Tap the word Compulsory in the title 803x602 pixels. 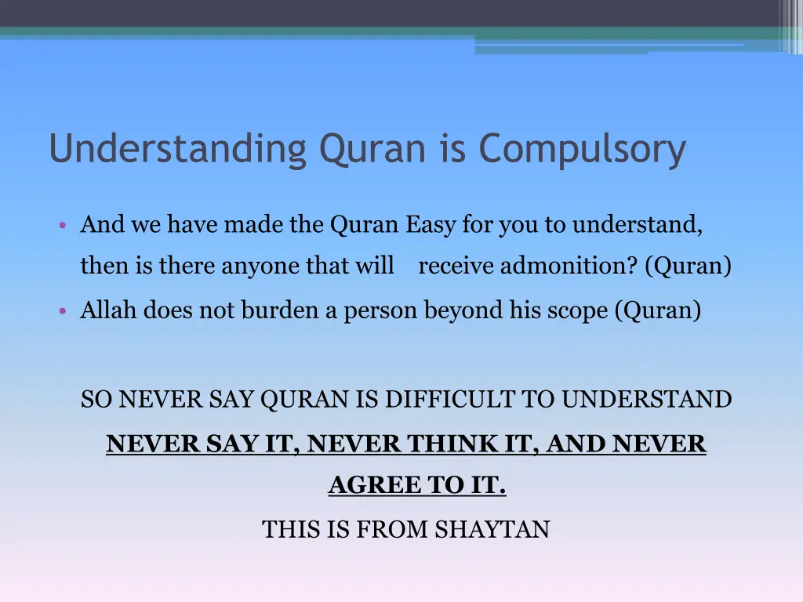pyautogui.click(x=583, y=150)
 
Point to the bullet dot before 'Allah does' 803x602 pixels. pyautogui.click(x=62, y=312)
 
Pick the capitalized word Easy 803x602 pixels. pyautogui.click(x=431, y=226)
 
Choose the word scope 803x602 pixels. pyautogui.click(x=585, y=312)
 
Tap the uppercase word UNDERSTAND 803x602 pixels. pyautogui.click(x=646, y=400)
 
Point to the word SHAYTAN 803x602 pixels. pyautogui.click(x=492, y=530)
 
